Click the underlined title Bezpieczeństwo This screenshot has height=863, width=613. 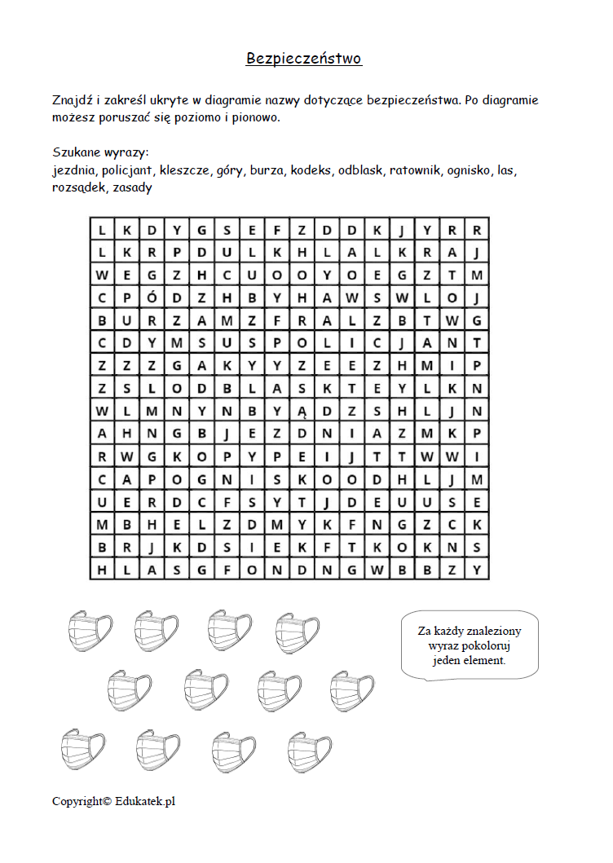point(304,59)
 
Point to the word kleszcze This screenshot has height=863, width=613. point(185,170)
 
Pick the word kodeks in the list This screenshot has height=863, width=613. point(311,170)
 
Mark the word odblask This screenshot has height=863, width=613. point(360,170)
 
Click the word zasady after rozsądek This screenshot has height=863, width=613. point(132,187)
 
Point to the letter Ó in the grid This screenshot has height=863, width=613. point(152,297)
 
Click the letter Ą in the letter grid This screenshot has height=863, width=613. point(302,410)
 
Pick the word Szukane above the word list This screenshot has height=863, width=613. point(77,152)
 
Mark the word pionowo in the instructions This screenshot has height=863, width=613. point(256,117)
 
